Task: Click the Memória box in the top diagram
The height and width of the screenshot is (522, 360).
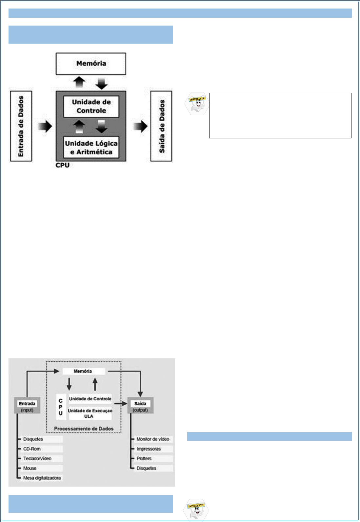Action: coord(91,64)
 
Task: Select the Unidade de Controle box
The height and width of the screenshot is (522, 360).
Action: coord(91,106)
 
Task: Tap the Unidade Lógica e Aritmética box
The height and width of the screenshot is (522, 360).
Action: coord(91,148)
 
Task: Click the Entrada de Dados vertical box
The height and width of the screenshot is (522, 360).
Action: coord(21,126)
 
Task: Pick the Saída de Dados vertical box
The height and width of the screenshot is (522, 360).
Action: coord(161,126)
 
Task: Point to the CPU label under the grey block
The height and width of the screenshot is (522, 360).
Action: coord(62,165)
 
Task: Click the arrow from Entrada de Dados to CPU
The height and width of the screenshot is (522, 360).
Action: coord(45,126)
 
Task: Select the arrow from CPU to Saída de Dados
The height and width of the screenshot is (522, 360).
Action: coord(141,126)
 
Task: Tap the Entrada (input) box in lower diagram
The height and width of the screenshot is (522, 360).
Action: coord(27,406)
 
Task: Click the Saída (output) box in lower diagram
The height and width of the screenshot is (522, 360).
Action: coord(140,406)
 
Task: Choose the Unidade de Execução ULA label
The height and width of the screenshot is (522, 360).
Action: coord(90,413)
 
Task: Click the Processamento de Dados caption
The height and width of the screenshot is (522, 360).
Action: coord(84,429)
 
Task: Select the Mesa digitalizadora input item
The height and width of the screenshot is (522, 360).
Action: coord(42,478)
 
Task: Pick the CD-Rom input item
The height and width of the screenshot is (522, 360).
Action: coord(32,449)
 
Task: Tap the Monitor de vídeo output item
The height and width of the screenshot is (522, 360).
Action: coord(153,439)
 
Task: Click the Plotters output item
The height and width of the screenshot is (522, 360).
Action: coord(144,458)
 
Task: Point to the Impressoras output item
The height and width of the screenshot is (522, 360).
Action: coord(149,449)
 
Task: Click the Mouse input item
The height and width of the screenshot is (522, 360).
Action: coord(30,468)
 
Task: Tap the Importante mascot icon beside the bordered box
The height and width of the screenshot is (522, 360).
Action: coord(197,104)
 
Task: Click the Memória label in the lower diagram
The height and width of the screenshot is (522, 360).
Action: coord(83,371)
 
